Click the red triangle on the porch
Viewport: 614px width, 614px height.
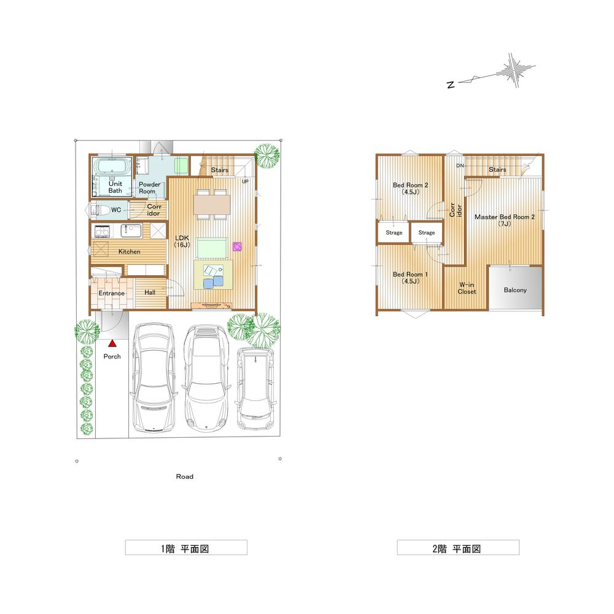click(x=112, y=345)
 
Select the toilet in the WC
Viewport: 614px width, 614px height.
click(x=101, y=210)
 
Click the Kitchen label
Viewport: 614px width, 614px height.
click(x=129, y=252)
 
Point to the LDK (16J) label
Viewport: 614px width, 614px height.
click(x=182, y=241)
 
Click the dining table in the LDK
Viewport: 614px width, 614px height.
click(x=211, y=204)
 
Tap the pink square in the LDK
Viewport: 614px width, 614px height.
click(x=237, y=247)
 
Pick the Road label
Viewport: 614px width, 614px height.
click(x=184, y=476)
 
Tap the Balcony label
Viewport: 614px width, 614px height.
click(x=515, y=290)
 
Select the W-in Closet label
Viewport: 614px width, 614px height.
click(x=467, y=288)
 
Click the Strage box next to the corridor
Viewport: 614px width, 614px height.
click(x=426, y=233)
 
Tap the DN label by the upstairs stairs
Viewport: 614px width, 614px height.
click(x=459, y=166)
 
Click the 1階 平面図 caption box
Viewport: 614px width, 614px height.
click(x=186, y=548)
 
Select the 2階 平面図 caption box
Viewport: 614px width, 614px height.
click(x=457, y=548)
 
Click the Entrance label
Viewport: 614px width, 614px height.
click(x=111, y=293)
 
